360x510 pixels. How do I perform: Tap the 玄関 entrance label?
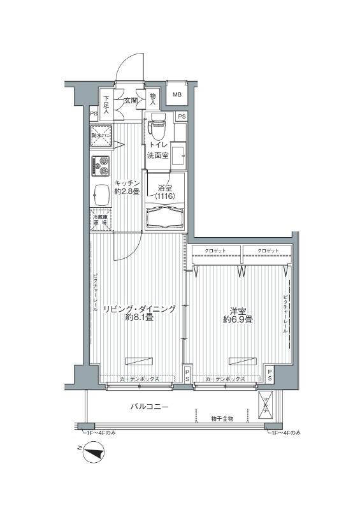130,100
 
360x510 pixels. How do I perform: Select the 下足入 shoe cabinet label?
106,105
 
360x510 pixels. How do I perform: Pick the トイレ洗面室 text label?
159,150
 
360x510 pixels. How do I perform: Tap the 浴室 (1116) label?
165,193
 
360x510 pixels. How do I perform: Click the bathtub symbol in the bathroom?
165,217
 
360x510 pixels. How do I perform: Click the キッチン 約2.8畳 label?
127,187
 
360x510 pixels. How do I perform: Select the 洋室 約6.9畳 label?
238,316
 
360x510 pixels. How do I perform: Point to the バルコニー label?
150,405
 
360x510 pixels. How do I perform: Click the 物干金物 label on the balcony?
222,418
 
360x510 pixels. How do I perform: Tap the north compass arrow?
94,453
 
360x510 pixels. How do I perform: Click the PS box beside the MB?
182,117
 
